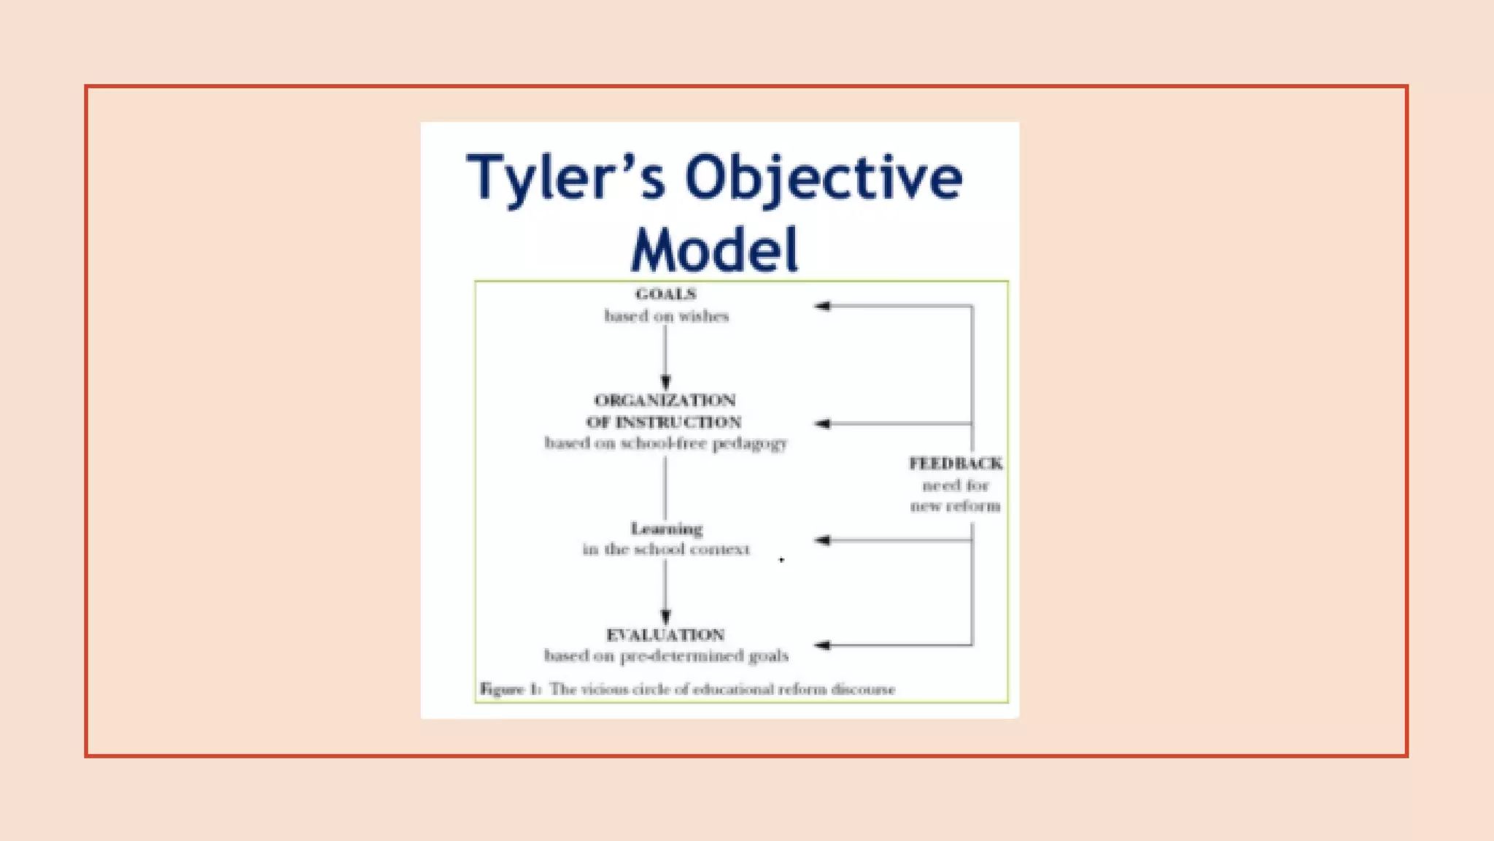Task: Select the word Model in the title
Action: (x=714, y=250)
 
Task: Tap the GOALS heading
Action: (x=665, y=294)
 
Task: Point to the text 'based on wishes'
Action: (x=666, y=316)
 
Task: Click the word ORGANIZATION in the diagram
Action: (x=665, y=400)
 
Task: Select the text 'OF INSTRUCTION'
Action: (x=664, y=422)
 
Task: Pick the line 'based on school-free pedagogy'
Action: (x=665, y=443)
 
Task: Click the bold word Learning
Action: (x=666, y=529)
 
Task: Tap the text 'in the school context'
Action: (x=665, y=549)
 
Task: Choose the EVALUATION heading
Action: (x=665, y=634)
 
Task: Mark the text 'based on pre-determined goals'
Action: (x=666, y=656)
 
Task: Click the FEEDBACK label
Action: (x=955, y=464)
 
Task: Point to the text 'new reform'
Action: (x=955, y=506)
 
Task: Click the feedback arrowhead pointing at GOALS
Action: (x=822, y=306)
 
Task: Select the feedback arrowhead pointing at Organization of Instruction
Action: (x=822, y=423)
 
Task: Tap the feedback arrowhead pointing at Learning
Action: (x=822, y=540)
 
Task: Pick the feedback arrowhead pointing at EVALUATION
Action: (x=822, y=645)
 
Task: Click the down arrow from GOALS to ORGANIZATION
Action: (x=665, y=358)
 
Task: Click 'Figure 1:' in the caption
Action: (x=509, y=689)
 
